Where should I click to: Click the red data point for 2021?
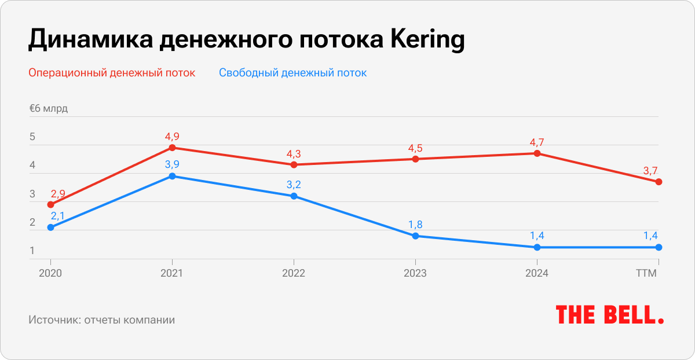[x=172, y=148]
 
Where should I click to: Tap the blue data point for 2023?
[x=415, y=236]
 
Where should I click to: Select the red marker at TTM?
[x=659, y=182]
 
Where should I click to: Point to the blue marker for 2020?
[x=50, y=227]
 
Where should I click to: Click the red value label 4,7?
[x=537, y=141]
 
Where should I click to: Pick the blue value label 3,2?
[x=294, y=185]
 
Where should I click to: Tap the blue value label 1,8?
[x=415, y=225]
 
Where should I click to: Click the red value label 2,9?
[x=58, y=193]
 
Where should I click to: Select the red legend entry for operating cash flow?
[x=112, y=73]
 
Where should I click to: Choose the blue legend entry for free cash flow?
[x=292, y=73]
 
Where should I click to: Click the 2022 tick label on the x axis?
[x=294, y=273]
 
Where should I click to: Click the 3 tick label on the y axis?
[x=32, y=194]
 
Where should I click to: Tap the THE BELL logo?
[x=610, y=315]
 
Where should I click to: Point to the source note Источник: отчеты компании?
[x=101, y=319]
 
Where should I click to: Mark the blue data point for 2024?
[x=537, y=247]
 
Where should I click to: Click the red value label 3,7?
[x=650, y=170]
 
